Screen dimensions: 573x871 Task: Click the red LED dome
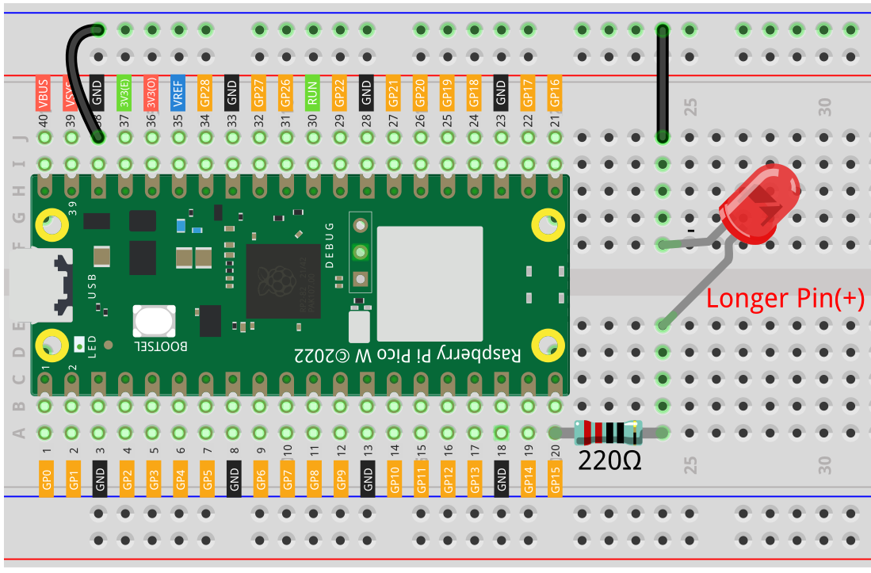point(759,204)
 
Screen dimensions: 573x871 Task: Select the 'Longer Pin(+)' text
point(785,299)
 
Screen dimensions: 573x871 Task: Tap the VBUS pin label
point(44,94)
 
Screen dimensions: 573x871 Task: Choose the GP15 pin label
point(555,478)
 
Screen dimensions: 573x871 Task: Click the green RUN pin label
point(312,94)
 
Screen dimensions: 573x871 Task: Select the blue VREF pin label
point(178,94)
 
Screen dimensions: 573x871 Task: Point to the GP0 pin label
point(46,478)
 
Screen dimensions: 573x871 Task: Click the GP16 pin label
point(555,94)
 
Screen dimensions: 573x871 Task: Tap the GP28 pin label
point(205,94)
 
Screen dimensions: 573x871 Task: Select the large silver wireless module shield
point(430,283)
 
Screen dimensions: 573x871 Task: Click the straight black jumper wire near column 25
point(662,83)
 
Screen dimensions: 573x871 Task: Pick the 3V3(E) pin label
point(124,94)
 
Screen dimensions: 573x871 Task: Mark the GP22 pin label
point(339,94)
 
